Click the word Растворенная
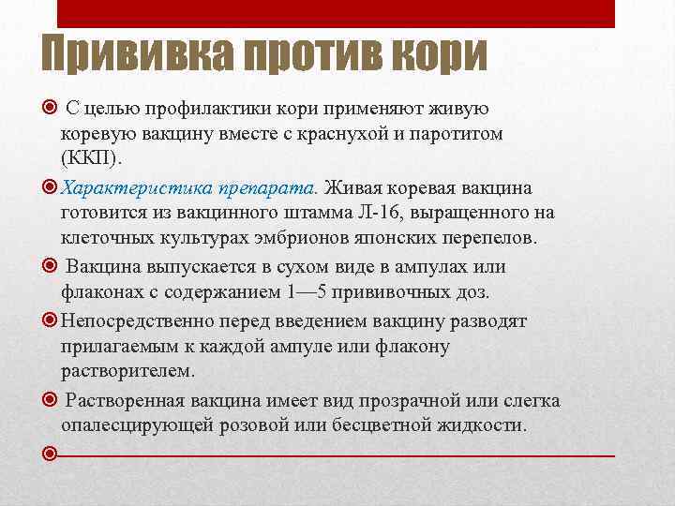point(127,401)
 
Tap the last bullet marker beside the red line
point(52,454)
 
